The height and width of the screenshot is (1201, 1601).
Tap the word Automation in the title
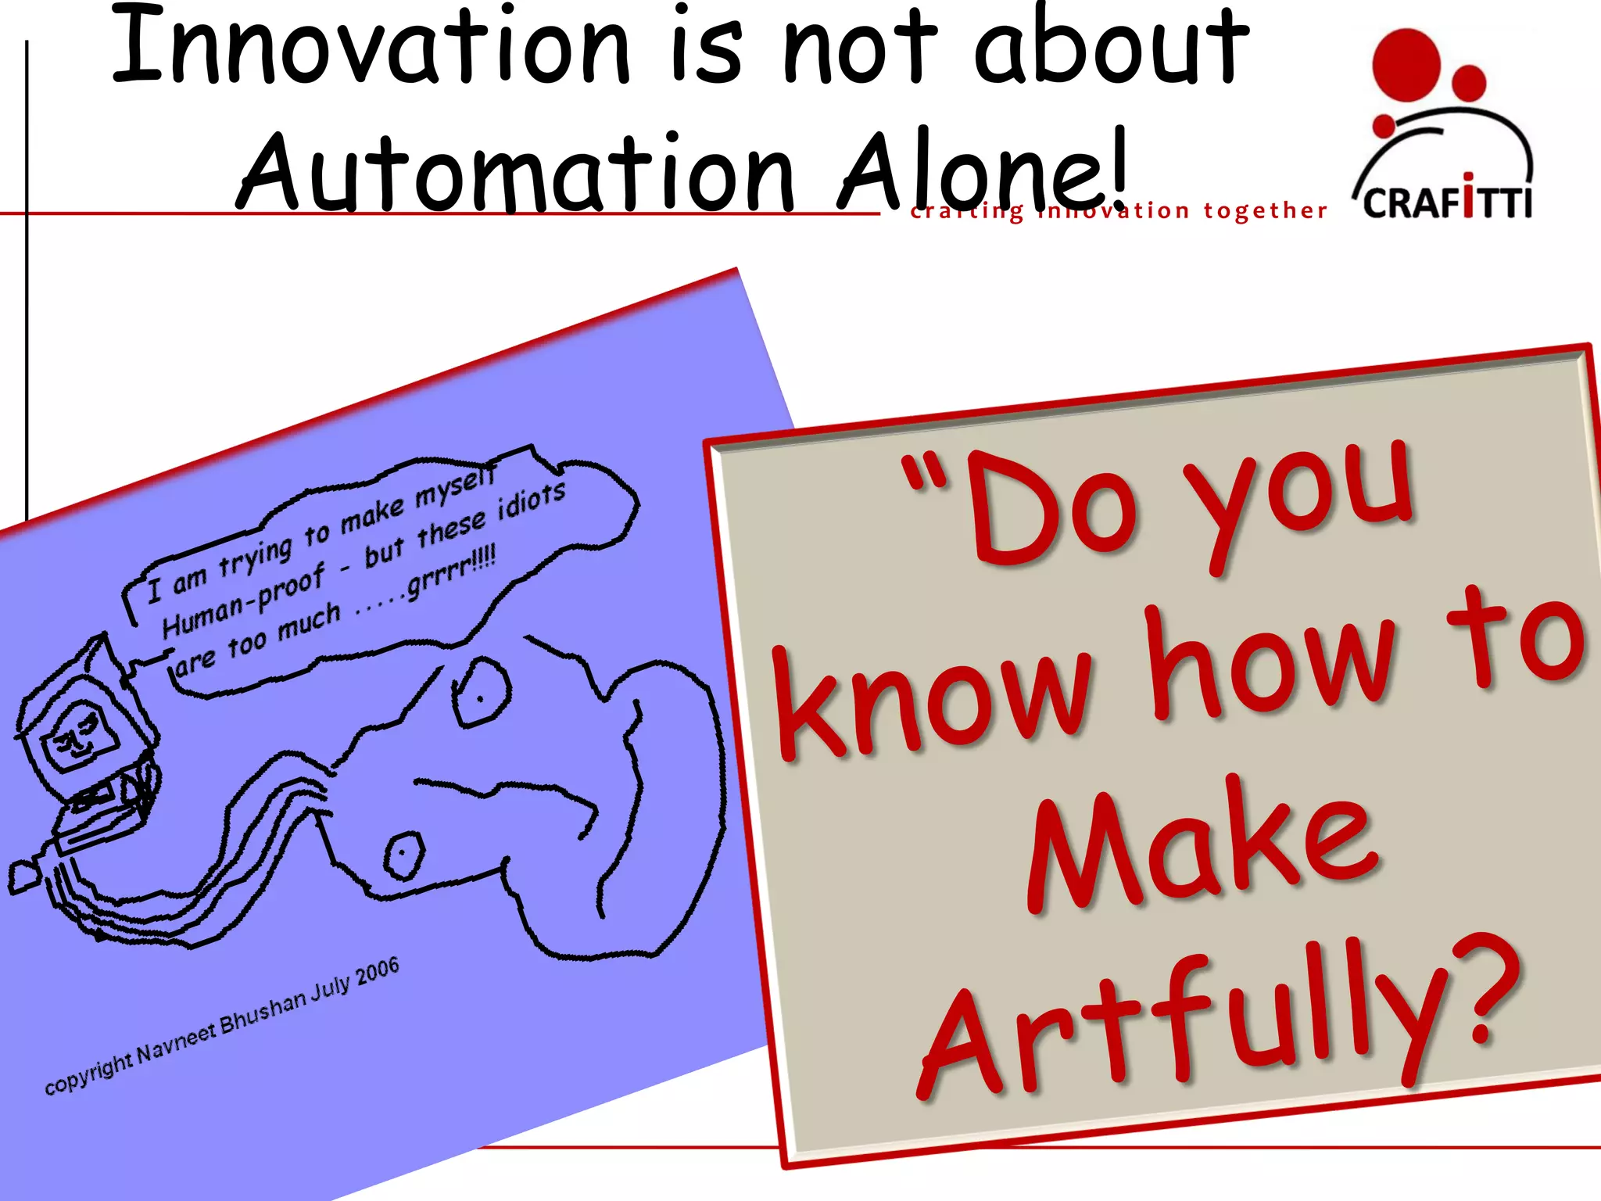click(x=516, y=174)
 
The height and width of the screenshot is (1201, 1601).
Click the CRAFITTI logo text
click(x=1447, y=202)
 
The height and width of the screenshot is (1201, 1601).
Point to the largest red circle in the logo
click(x=1406, y=66)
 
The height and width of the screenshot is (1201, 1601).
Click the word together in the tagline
click(x=1265, y=210)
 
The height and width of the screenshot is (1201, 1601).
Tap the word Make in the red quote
click(x=1204, y=848)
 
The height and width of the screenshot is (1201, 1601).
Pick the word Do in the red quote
click(x=1051, y=508)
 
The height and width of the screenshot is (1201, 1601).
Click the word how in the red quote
click(x=1270, y=665)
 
